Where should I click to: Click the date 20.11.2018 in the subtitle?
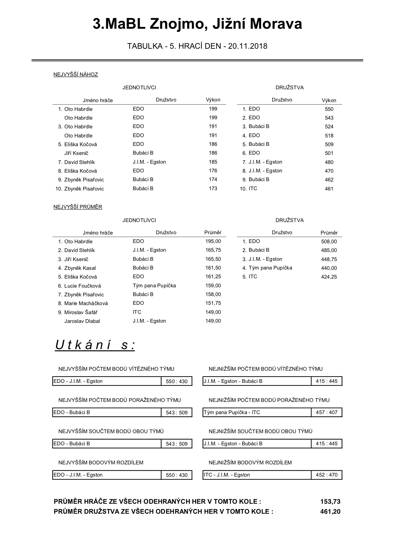[247, 46]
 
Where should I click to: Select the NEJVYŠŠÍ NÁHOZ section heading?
[76, 75]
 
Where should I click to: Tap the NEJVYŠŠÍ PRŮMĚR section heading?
[78, 207]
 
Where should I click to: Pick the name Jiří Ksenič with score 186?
[76, 153]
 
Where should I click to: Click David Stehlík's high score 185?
[213, 162]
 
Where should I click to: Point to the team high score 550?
[329, 109]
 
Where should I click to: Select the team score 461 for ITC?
[329, 189]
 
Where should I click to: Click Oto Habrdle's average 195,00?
[213, 241]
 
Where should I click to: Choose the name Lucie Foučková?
[82, 286]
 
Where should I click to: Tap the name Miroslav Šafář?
[81, 312]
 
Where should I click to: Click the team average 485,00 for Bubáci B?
[329, 250]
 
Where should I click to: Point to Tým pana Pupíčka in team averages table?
[270, 268]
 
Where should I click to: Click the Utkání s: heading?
[95, 345]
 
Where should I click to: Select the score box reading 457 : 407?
[327, 413]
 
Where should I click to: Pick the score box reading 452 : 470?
[327, 475]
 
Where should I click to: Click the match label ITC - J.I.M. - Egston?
[227, 475]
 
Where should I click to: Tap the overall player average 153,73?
[330, 502]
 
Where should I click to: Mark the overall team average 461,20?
[330, 512]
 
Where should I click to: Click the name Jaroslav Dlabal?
[82, 321]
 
